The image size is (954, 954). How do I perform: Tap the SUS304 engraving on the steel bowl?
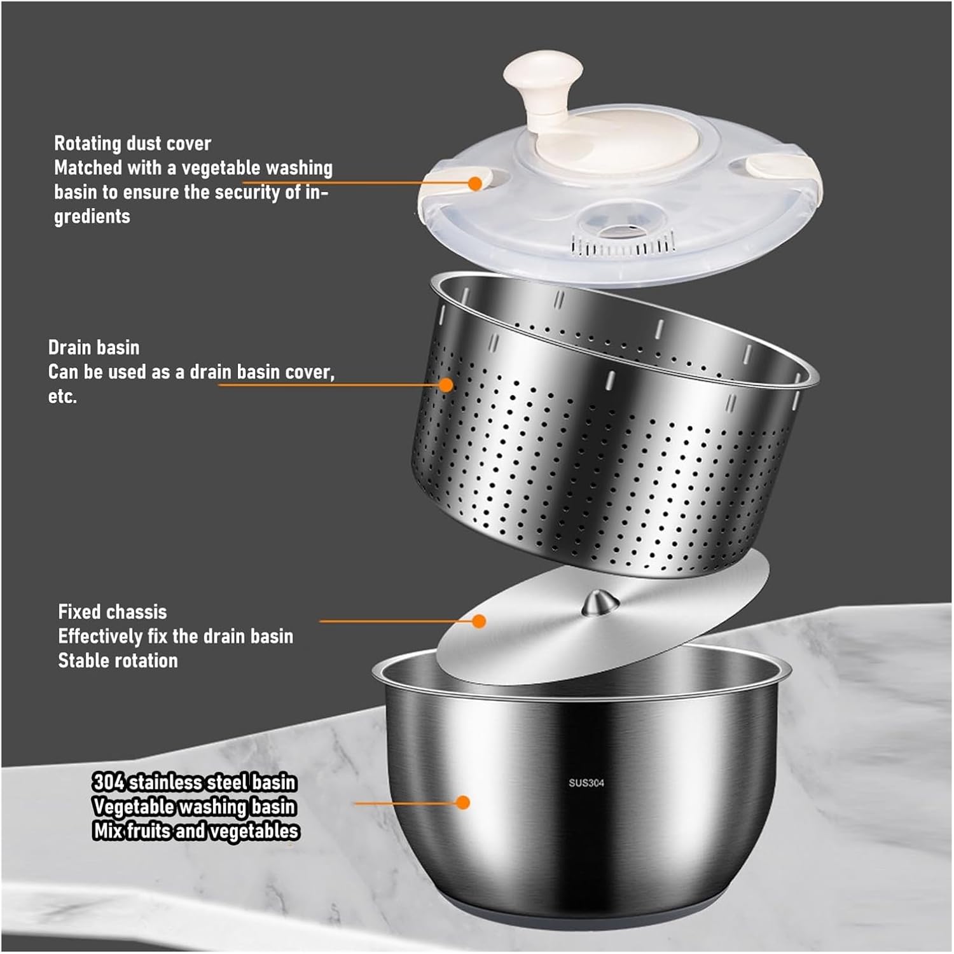(x=586, y=783)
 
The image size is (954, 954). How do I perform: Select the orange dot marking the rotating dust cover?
(x=474, y=183)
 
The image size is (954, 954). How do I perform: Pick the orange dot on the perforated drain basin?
(x=446, y=385)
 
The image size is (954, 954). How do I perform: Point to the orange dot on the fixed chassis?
(x=479, y=621)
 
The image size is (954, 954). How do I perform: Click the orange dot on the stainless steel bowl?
(x=463, y=803)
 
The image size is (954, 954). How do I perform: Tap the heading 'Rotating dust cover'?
(x=132, y=143)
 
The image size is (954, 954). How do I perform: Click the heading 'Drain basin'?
(x=93, y=347)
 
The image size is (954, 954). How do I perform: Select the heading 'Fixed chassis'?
(x=112, y=612)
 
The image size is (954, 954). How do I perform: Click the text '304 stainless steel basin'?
(x=195, y=782)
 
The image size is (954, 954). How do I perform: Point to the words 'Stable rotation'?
(x=118, y=661)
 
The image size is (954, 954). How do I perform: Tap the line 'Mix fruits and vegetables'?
(x=196, y=831)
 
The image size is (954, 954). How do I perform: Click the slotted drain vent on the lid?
(x=622, y=245)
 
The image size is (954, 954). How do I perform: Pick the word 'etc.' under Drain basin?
(x=62, y=396)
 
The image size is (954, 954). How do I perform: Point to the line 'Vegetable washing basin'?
(x=194, y=806)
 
